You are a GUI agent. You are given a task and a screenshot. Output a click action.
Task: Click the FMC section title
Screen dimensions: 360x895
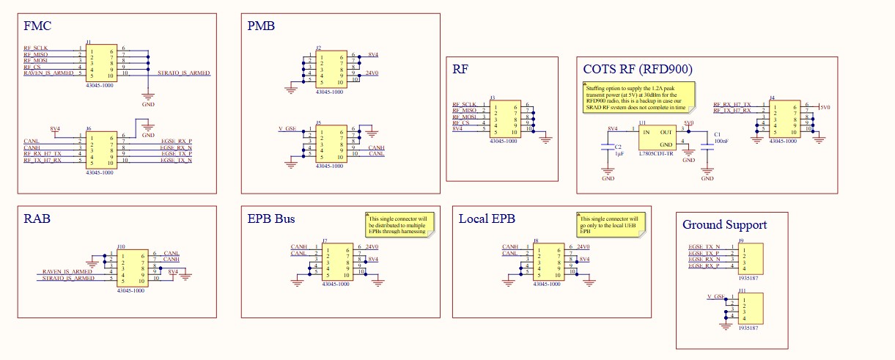click(x=37, y=26)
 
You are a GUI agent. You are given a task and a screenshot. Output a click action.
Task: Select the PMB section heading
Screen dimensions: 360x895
click(x=262, y=26)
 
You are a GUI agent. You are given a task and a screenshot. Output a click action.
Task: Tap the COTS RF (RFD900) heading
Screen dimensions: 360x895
click(x=638, y=70)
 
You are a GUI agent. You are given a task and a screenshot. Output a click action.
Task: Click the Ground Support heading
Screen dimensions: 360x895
click(x=724, y=224)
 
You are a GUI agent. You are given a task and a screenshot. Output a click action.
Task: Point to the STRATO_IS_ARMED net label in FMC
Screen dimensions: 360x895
click(x=183, y=73)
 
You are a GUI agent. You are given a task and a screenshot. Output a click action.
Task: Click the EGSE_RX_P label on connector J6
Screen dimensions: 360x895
click(x=176, y=140)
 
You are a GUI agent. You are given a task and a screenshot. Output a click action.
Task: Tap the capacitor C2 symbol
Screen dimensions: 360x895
click(x=608, y=147)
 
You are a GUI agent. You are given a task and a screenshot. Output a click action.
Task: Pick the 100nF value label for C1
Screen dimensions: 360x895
click(x=721, y=140)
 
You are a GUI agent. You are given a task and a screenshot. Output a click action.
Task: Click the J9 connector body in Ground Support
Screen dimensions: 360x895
click(x=751, y=257)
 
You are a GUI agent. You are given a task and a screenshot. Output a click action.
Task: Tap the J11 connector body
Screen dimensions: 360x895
click(x=751, y=308)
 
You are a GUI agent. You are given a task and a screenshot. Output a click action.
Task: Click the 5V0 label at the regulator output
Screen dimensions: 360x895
click(x=688, y=123)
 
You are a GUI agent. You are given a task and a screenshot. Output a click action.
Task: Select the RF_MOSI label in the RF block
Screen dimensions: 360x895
click(x=465, y=117)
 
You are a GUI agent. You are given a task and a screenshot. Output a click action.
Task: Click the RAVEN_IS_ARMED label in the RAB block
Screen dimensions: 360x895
click(x=68, y=272)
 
